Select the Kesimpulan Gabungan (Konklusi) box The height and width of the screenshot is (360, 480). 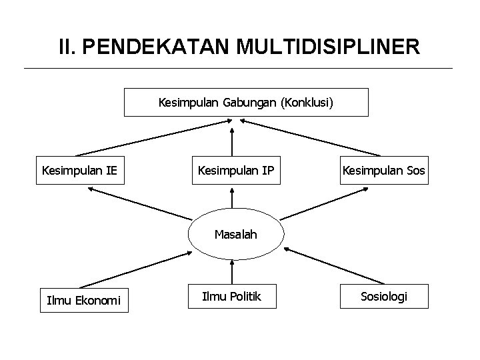[246, 103]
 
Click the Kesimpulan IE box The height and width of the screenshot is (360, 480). [79, 171]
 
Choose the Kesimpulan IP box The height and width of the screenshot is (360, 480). [235, 171]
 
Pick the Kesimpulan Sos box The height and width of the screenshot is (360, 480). [383, 171]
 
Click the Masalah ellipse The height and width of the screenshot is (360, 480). [235, 235]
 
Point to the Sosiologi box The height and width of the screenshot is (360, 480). [383, 296]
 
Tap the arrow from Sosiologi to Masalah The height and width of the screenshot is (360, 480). [333, 267]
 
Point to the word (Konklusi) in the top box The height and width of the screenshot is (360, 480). [308, 103]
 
